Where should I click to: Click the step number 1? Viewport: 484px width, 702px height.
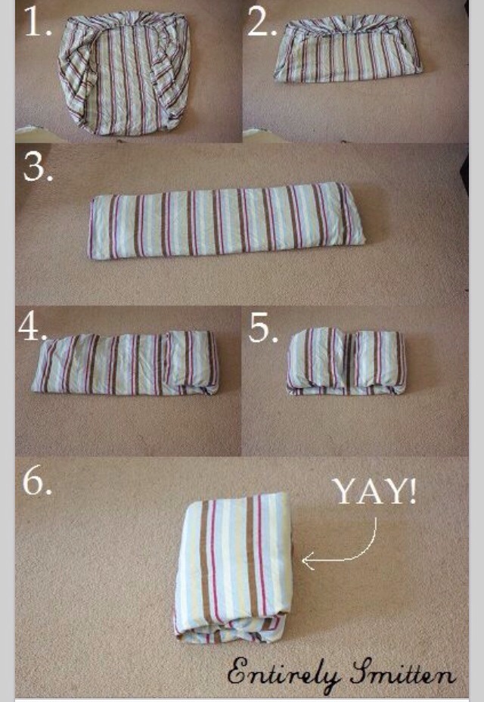coord(37,21)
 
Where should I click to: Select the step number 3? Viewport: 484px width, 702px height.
coord(38,166)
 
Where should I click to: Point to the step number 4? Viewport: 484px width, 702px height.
coord(33,327)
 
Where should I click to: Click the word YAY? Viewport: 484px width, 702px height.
coord(374,492)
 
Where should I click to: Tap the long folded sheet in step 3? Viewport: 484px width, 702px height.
coord(227,220)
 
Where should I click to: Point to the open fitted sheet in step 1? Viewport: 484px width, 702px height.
coord(124,73)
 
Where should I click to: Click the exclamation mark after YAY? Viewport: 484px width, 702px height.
coord(412,492)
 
